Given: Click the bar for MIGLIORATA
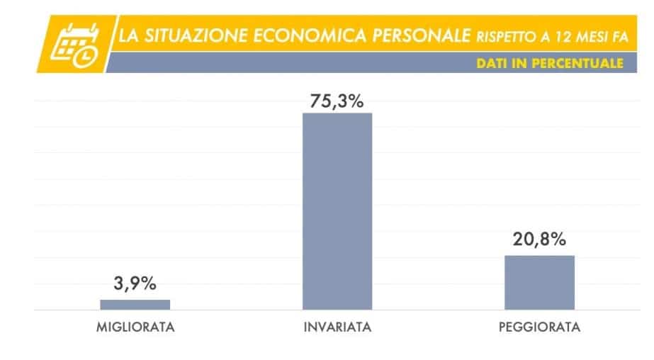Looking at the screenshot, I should click(x=135, y=305).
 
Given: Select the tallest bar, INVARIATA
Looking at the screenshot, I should click(x=337, y=211).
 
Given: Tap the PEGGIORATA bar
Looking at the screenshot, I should click(x=539, y=282).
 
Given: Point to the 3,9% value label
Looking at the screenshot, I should click(x=135, y=284).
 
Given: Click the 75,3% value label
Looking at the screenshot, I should click(x=337, y=101).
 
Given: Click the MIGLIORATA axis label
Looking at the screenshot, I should click(x=135, y=328).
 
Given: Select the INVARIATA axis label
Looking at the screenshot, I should click(x=337, y=328).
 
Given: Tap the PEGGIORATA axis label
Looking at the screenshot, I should click(x=540, y=328).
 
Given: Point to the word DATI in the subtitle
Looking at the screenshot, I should click(x=492, y=63).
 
